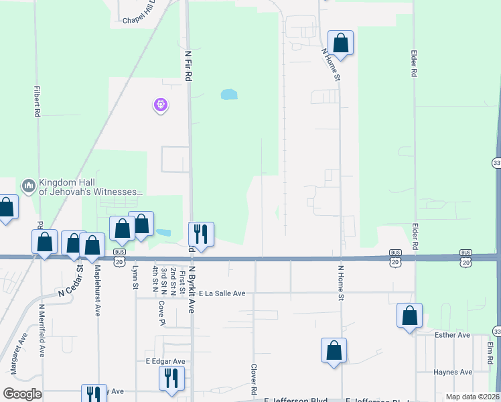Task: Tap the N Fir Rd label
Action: tap(188, 64)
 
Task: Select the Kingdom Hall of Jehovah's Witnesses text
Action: tap(91, 187)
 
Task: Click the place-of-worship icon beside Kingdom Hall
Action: tap(28, 186)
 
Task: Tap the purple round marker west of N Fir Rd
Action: tap(161, 105)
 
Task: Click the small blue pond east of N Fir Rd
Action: tap(229, 94)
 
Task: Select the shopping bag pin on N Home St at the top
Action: tap(340, 44)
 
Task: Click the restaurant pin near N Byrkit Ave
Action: tap(200, 234)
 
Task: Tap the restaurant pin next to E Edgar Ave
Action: tap(171, 378)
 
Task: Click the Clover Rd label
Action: tap(255, 379)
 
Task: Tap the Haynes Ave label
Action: tap(453, 372)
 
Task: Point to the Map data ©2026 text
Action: tap(472, 397)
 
